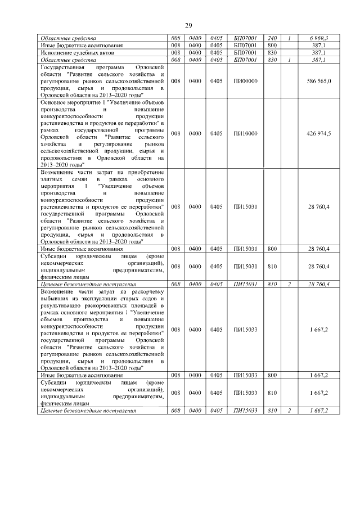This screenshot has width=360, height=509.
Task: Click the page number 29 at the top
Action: pos(189,24)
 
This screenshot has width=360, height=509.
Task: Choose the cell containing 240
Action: pos(273,38)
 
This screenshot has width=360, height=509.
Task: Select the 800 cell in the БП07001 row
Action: pos(273,44)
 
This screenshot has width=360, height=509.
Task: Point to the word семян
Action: pos(80,178)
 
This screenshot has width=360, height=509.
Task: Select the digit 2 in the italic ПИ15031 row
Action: pos(289,285)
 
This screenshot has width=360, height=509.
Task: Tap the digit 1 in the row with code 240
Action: pos(289,38)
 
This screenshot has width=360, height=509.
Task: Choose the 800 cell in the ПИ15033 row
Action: pos(273,374)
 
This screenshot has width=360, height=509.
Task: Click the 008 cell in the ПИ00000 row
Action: pos(175,81)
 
